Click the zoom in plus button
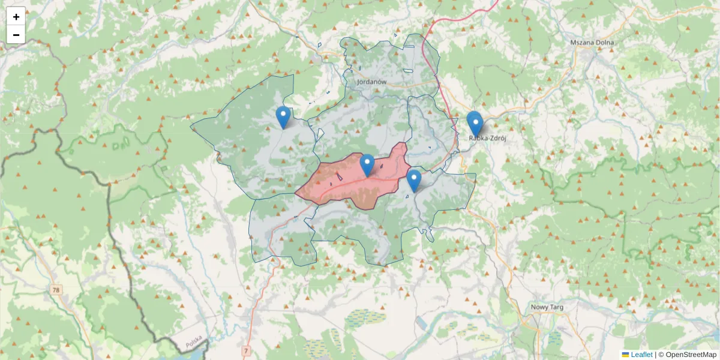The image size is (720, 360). [x=16, y=17]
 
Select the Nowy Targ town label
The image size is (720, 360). [x=547, y=307]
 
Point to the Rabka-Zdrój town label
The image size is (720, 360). [x=488, y=138]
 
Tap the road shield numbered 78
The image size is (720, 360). [x=56, y=290]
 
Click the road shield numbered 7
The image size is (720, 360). [x=246, y=349]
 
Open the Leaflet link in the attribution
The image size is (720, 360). [x=641, y=355]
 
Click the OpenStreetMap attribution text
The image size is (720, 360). [x=688, y=355]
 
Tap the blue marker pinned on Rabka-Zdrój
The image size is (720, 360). [x=475, y=124]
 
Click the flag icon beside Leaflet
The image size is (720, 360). [x=626, y=355]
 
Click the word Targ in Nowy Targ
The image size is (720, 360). [x=555, y=307]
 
